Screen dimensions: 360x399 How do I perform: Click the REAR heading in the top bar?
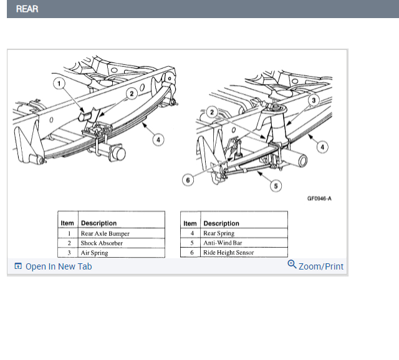coord(27,9)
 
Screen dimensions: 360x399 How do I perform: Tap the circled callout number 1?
coord(59,83)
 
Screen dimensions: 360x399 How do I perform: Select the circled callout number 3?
coord(314,100)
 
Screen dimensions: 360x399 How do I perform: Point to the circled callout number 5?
coord(275,186)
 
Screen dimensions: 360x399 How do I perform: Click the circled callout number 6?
coord(186,180)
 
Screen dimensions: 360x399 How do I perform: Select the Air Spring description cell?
coord(94,253)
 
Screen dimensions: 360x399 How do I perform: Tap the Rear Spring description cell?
coord(219,233)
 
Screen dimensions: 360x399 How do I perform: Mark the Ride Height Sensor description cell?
coord(228,253)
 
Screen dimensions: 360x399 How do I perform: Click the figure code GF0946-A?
coord(319,199)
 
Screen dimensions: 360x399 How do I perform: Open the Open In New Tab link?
coord(59,266)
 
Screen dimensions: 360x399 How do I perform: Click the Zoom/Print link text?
coord(321,266)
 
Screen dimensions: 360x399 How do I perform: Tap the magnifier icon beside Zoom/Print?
coord(292,265)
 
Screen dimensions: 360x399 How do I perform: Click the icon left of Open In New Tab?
coord(18,266)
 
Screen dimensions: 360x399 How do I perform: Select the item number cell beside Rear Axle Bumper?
coord(68,233)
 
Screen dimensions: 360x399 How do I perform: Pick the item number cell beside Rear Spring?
coord(191,233)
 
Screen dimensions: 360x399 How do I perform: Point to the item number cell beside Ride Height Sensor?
coord(191,253)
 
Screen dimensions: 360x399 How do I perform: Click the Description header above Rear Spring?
coord(221,223)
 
